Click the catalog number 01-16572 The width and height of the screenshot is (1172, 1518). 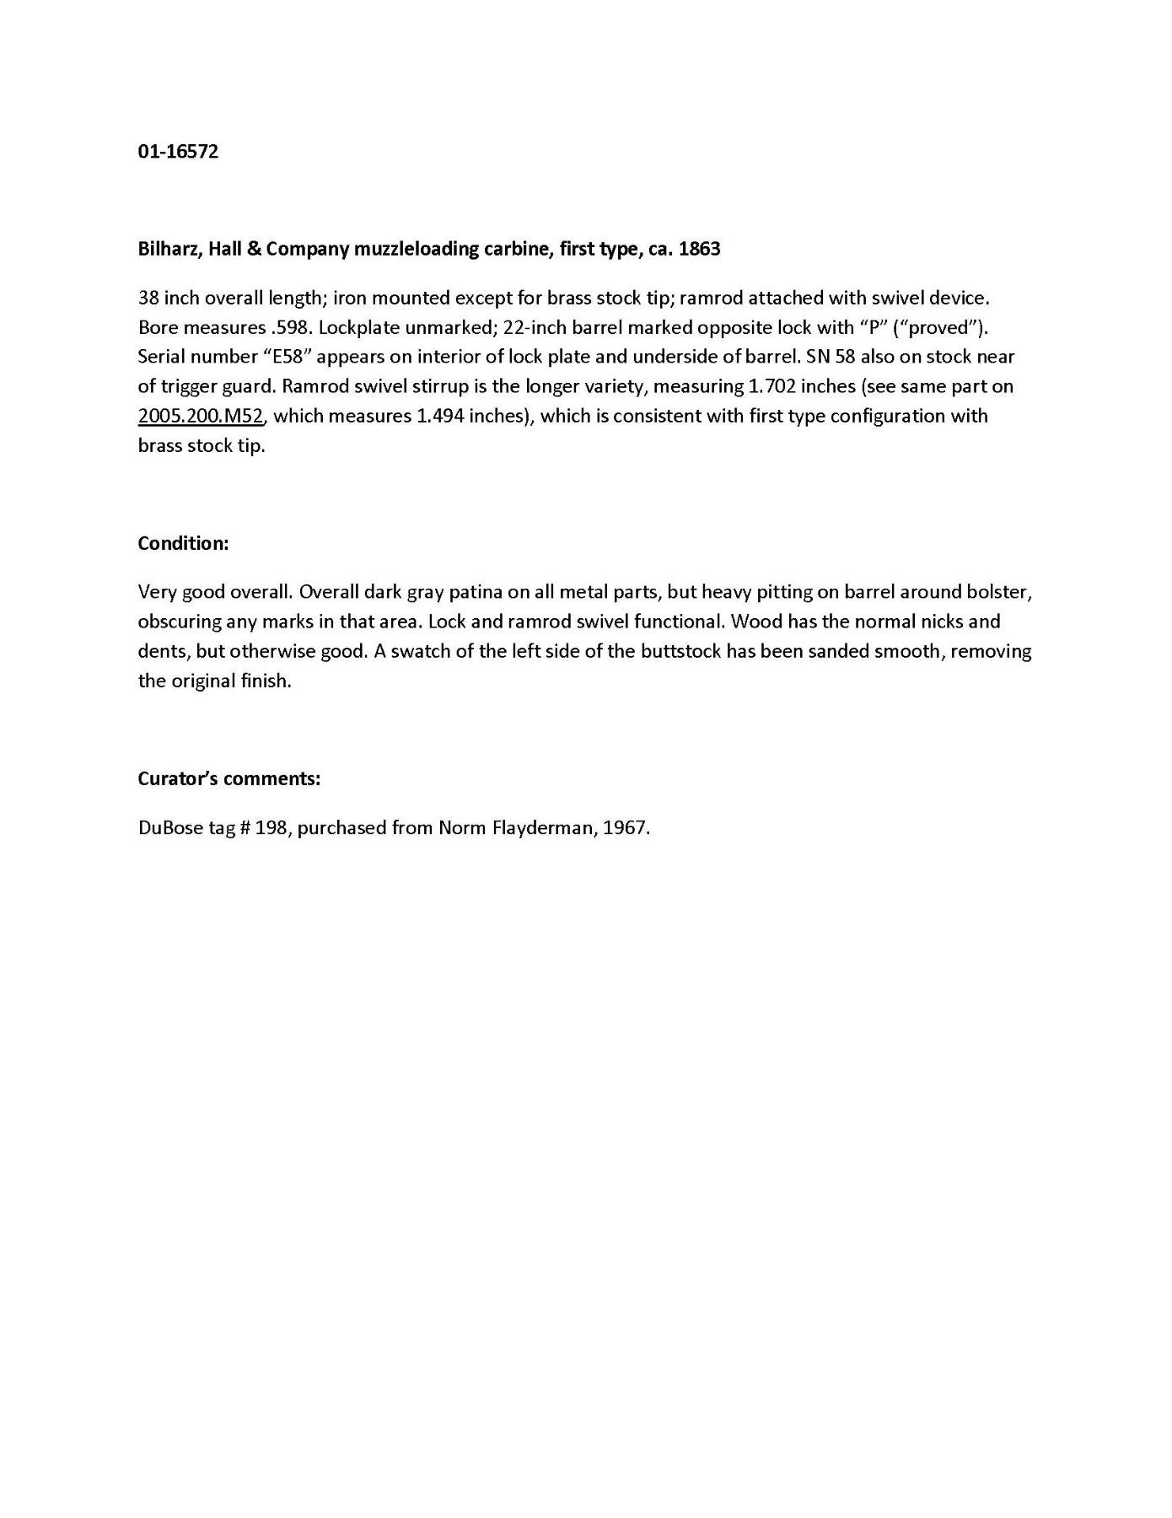pyautogui.click(x=178, y=152)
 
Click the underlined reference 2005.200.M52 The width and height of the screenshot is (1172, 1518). pyautogui.click(x=201, y=416)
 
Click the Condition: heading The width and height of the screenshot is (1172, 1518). pyautogui.click(x=183, y=543)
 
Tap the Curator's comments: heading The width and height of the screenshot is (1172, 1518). pyautogui.click(x=228, y=778)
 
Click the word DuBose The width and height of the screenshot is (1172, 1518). pyautogui.click(x=164, y=827)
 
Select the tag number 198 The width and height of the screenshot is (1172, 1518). pyautogui.click(x=271, y=827)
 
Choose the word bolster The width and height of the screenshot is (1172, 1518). pyautogui.click(x=1000, y=592)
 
